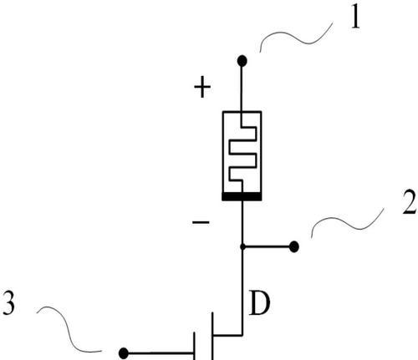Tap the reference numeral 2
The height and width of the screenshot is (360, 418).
pos(409,202)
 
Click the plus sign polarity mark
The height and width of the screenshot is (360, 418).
pos(202,87)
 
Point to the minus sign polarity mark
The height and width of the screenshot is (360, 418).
pos(201,222)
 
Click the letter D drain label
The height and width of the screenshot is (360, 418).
pos(259,303)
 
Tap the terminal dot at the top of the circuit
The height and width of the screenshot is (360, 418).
pos(242,61)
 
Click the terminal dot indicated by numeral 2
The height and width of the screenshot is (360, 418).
pos(294,246)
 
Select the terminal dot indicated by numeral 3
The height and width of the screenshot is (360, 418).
pos(124,353)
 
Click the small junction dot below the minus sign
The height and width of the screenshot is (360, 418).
pos(242,246)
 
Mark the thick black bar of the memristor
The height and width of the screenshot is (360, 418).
pos(242,196)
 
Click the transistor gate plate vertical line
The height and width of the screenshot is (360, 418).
pos(194,346)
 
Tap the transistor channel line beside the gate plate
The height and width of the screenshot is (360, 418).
pos(212,336)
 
